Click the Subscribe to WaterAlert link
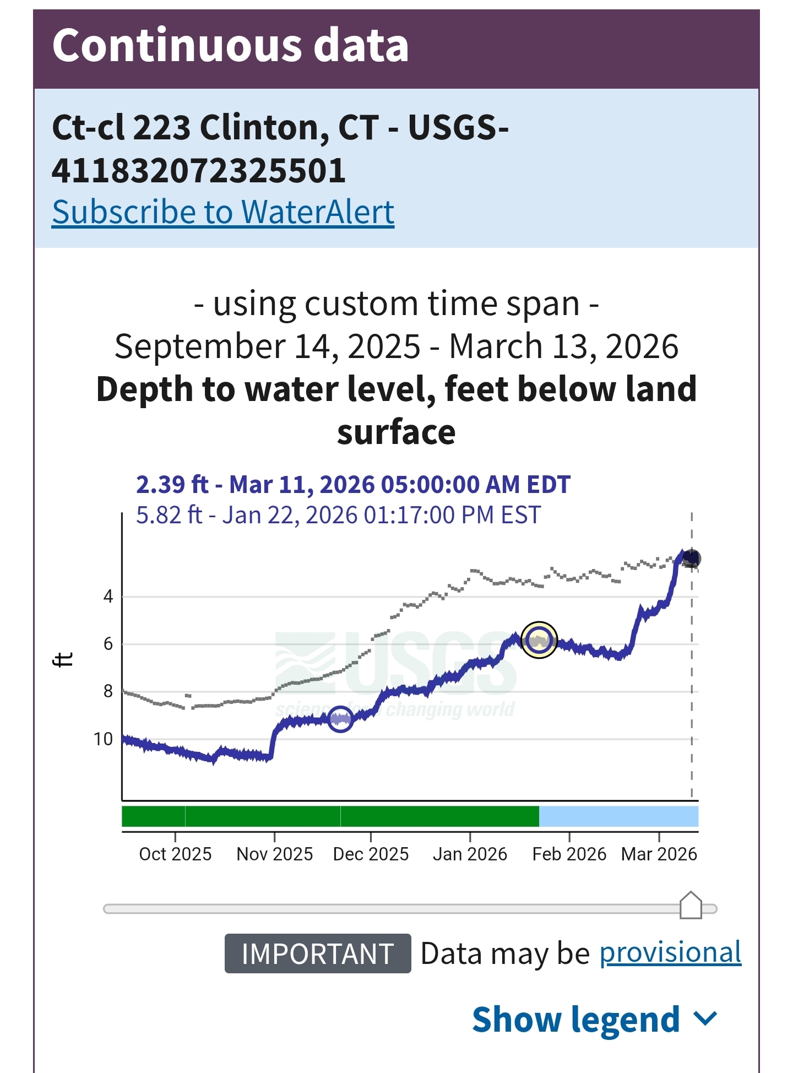point(223,212)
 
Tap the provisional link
point(670,953)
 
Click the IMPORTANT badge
point(317,953)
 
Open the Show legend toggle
point(595,1019)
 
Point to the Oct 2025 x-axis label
point(175,854)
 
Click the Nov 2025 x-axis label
point(274,854)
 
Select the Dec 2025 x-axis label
point(371,854)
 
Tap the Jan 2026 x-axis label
point(470,854)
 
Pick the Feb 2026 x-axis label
point(569,854)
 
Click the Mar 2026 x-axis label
point(659,854)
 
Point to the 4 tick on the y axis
point(108,596)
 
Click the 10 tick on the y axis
point(103,739)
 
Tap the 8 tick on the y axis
point(108,691)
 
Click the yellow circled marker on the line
point(539,640)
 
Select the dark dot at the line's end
point(691,559)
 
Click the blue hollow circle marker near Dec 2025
point(340,719)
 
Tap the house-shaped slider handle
point(691,906)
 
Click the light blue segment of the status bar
point(618,816)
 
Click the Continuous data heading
point(230,45)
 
